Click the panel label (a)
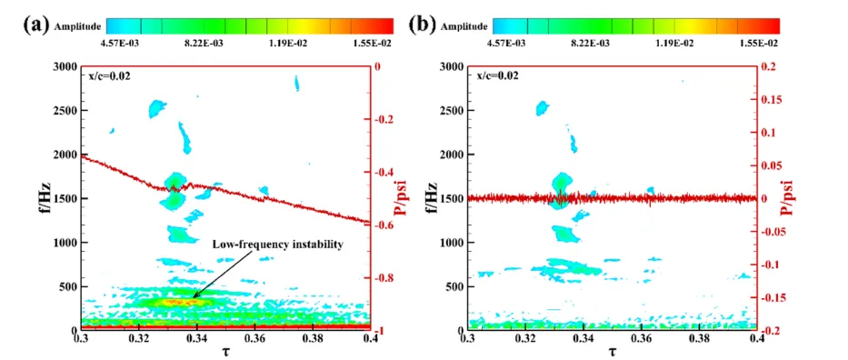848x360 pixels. pos(35,25)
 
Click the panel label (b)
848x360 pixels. pos(422,25)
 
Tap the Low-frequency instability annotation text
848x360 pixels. pos(277,245)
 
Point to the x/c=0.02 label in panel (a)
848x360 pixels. pos(109,76)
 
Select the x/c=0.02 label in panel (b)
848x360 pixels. pos(497,76)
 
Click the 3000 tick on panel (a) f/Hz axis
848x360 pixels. pos(65,67)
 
